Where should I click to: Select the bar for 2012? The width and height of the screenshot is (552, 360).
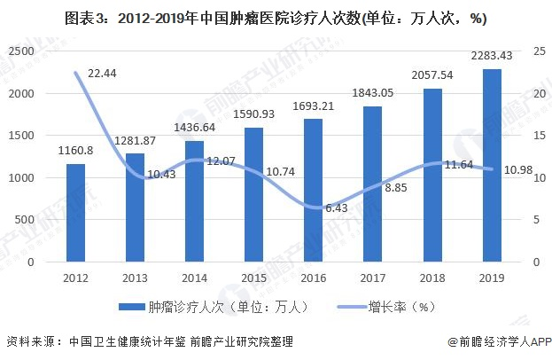click(x=76, y=213)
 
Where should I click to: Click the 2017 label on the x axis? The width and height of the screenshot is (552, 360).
click(x=372, y=277)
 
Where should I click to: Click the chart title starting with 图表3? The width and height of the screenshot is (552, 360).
click(x=275, y=17)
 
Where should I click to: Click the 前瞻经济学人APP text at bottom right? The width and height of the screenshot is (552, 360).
click(x=505, y=342)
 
